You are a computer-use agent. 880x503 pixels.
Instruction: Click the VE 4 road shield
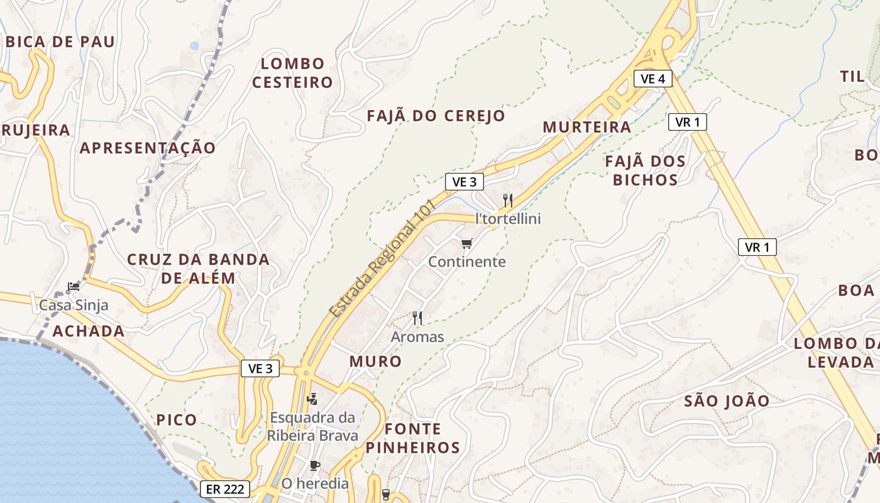click(x=653, y=79)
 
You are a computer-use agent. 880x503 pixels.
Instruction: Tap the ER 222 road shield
click(x=226, y=489)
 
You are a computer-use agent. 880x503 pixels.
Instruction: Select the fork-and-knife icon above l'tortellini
click(x=508, y=201)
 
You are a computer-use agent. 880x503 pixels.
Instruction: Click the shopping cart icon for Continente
click(x=466, y=243)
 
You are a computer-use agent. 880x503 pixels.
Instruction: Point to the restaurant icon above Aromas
click(x=417, y=318)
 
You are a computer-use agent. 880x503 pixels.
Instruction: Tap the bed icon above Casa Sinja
click(x=74, y=287)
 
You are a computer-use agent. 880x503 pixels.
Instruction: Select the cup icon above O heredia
click(x=315, y=466)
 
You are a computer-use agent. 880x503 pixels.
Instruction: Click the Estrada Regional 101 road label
click(x=382, y=258)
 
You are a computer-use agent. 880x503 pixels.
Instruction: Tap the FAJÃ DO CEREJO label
click(x=436, y=116)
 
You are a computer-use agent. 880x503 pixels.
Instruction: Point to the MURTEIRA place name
click(x=587, y=127)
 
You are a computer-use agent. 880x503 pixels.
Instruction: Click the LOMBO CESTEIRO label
click(x=292, y=73)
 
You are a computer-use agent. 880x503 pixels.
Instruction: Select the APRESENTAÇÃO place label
click(x=148, y=148)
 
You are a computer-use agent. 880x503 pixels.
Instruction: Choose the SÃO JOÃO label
click(x=727, y=401)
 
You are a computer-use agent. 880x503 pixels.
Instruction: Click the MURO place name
click(x=375, y=362)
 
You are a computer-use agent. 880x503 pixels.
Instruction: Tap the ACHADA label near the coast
click(x=89, y=331)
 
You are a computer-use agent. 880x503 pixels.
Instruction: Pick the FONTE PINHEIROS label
click(x=413, y=438)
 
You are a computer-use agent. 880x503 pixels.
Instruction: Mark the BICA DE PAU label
click(x=60, y=42)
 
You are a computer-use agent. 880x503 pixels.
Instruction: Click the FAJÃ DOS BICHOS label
click(x=646, y=170)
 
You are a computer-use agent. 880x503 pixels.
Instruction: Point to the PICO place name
click(x=177, y=420)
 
